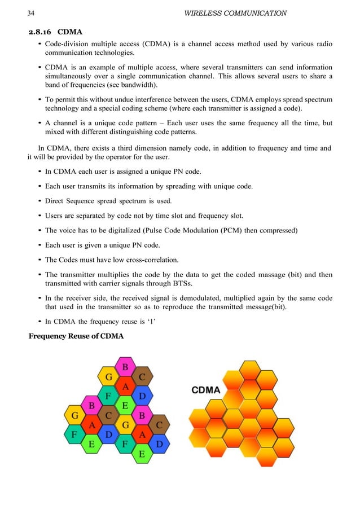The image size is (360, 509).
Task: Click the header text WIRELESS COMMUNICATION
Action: tap(235, 13)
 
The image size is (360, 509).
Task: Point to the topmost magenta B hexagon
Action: tap(125, 368)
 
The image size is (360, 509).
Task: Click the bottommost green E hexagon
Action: tap(142, 453)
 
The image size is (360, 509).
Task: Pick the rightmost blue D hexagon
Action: tap(159, 444)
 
